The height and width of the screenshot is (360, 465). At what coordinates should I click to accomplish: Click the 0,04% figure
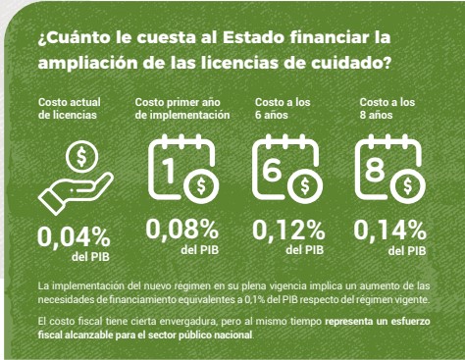(73, 237)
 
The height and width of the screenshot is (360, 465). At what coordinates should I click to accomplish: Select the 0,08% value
(181, 230)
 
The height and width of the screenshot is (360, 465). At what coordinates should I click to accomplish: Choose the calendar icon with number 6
(287, 169)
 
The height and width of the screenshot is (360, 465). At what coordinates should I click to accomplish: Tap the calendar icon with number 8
(390, 169)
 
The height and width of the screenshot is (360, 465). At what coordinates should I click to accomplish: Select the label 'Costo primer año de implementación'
(181, 108)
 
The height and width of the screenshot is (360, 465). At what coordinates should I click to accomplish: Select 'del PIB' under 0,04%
(90, 257)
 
